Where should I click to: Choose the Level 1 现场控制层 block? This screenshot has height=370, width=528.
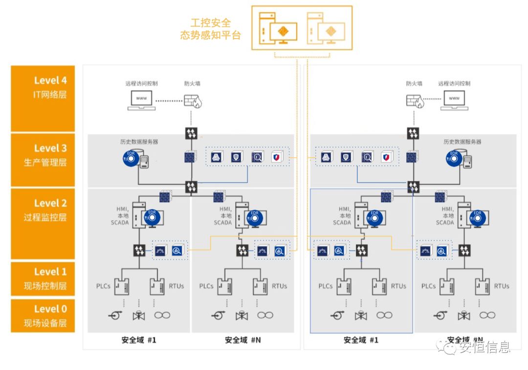(43, 279)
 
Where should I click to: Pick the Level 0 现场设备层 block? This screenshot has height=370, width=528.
(43, 316)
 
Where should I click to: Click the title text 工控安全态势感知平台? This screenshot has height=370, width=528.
(210, 29)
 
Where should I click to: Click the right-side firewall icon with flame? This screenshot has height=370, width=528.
(415, 101)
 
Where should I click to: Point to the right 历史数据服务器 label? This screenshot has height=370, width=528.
(462, 142)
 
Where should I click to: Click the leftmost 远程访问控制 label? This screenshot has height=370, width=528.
(141, 83)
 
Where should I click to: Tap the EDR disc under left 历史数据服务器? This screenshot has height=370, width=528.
(131, 159)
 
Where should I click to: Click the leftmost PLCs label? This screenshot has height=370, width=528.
(103, 286)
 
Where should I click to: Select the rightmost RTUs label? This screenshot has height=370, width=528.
(501, 286)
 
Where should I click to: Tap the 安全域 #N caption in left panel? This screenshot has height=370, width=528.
(242, 340)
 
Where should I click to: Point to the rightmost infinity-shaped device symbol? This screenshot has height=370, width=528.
(487, 315)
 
